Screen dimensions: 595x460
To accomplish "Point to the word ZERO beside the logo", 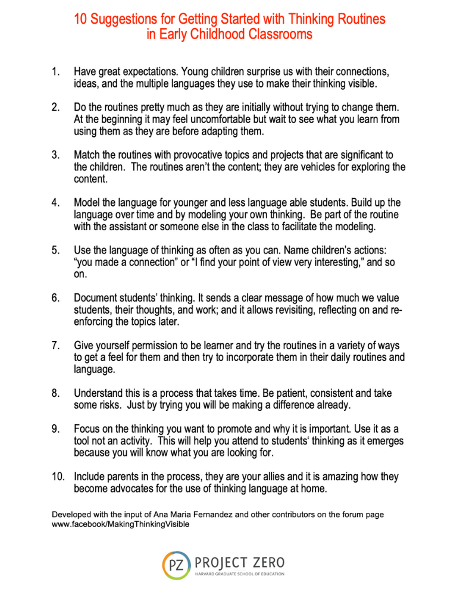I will [x=265, y=562].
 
